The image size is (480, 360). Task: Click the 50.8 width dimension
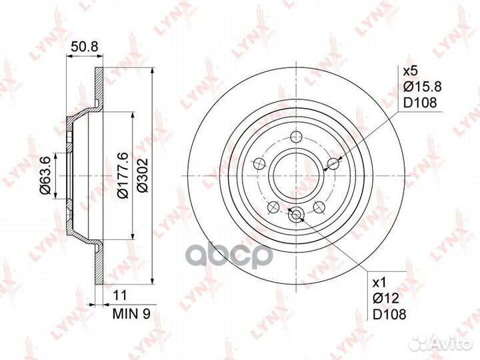pyautogui.click(x=84, y=47)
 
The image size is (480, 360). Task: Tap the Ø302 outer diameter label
pyautogui.click(x=143, y=175)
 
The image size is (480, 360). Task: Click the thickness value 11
pyautogui.click(x=120, y=296)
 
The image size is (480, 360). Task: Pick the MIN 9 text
pyautogui.click(x=131, y=314)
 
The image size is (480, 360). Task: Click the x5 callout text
pyautogui.click(x=410, y=71)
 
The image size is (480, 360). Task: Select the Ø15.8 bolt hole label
pyautogui.click(x=423, y=87)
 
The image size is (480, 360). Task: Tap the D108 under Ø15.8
pyautogui.click(x=420, y=103)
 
